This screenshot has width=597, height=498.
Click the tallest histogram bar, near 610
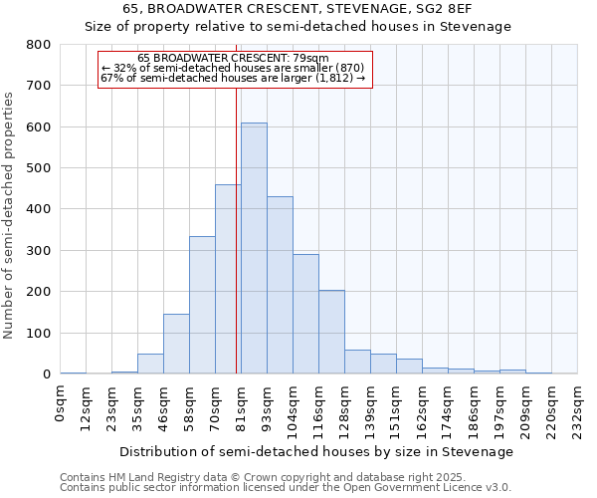pyautogui.click(x=254, y=249)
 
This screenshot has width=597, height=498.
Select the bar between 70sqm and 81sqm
pyautogui.click(x=228, y=279)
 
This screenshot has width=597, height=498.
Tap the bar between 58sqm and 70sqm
pyautogui.click(x=202, y=305)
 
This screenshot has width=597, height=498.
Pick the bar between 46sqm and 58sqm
pyautogui.click(x=176, y=344)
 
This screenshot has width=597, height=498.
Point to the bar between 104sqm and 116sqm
pyautogui.click(x=305, y=314)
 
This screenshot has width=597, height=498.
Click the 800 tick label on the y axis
pyautogui.click(x=38, y=45)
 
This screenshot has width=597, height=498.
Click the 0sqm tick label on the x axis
pyautogui.click(x=61, y=402)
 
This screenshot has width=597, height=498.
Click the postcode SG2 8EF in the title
pyautogui.click(x=456, y=8)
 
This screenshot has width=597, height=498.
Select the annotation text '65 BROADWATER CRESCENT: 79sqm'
pyautogui.click(x=240, y=59)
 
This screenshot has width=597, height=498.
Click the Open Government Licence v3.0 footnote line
pyautogui.click(x=286, y=488)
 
